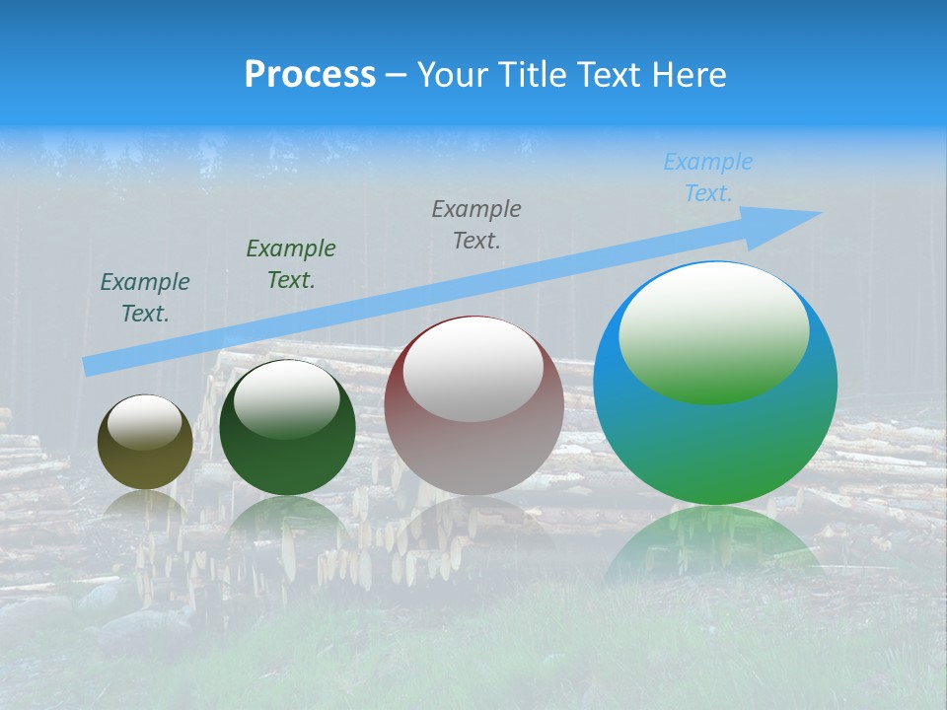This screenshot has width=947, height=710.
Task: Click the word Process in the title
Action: click(310, 74)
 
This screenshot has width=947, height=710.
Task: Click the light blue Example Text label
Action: click(708, 177)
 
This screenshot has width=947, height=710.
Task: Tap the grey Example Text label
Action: click(476, 224)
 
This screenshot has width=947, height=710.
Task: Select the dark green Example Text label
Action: click(291, 263)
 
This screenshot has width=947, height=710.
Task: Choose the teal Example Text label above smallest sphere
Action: click(145, 297)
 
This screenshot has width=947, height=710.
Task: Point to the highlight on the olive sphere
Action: click(144, 420)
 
